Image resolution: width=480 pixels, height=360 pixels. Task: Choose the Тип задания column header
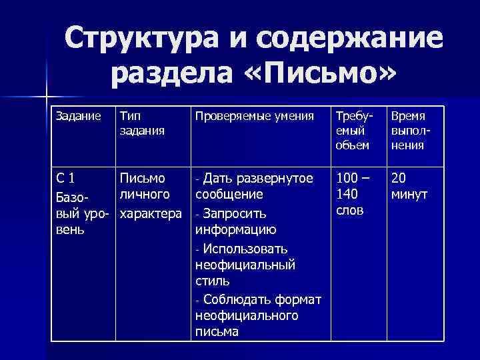[141, 123]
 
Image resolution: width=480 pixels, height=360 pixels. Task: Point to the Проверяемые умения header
[254, 116]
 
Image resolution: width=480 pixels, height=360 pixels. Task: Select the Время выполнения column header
[409, 131]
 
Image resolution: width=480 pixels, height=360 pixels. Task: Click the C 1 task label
[65, 178]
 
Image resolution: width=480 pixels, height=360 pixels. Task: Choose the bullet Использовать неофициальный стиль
[245, 265]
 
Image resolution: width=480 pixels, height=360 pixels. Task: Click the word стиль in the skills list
[213, 281]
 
